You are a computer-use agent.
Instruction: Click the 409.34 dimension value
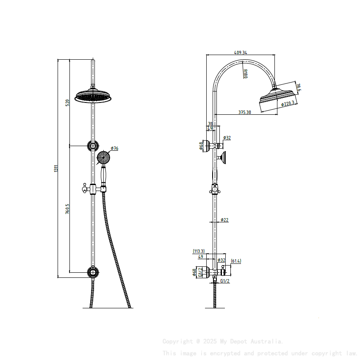pyautogui.click(x=241, y=53)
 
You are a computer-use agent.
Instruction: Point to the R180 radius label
pyautogui.click(x=245, y=75)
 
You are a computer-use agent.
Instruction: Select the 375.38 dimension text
pyautogui.click(x=244, y=112)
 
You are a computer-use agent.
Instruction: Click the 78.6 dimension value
pyautogui.click(x=298, y=88)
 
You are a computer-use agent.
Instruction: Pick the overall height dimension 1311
pyautogui.click(x=55, y=169)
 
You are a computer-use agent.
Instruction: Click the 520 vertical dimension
pyautogui.click(x=67, y=102)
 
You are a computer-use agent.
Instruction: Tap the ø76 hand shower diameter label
pyautogui.click(x=114, y=148)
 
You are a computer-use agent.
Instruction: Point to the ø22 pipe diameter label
pyautogui.click(x=224, y=220)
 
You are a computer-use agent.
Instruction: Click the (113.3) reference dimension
pyautogui.click(x=199, y=251)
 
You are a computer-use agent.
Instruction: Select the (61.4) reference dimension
pyautogui.click(x=236, y=261)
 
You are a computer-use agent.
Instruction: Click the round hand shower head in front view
pyautogui.click(x=103, y=158)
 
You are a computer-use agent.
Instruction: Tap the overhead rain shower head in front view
pyautogui.click(x=93, y=96)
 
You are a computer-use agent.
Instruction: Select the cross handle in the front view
pyautogui.click(x=86, y=188)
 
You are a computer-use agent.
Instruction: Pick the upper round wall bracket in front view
pyautogui.click(x=92, y=146)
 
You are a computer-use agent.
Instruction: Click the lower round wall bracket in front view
pyautogui.click(x=92, y=271)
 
